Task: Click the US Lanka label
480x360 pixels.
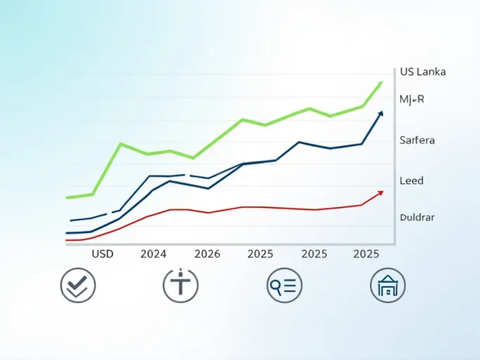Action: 422,72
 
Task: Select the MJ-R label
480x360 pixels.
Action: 412,100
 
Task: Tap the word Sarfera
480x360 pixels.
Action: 417,140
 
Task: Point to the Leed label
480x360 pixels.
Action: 411,180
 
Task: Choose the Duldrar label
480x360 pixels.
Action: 417,217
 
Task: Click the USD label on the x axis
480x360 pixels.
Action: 102,254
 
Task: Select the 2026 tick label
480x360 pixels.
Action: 207,254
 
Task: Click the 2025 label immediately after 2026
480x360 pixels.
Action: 260,254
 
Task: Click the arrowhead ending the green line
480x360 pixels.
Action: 380,84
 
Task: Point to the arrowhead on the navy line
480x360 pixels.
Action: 380,114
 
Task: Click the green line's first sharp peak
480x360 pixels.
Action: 121,144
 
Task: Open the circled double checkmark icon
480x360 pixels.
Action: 78,286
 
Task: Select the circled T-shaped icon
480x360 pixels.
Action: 180,286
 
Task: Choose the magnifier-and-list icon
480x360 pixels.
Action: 284,286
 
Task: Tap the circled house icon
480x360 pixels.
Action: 387,286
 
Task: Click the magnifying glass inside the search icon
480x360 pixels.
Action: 276,285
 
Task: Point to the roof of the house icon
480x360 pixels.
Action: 387,279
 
